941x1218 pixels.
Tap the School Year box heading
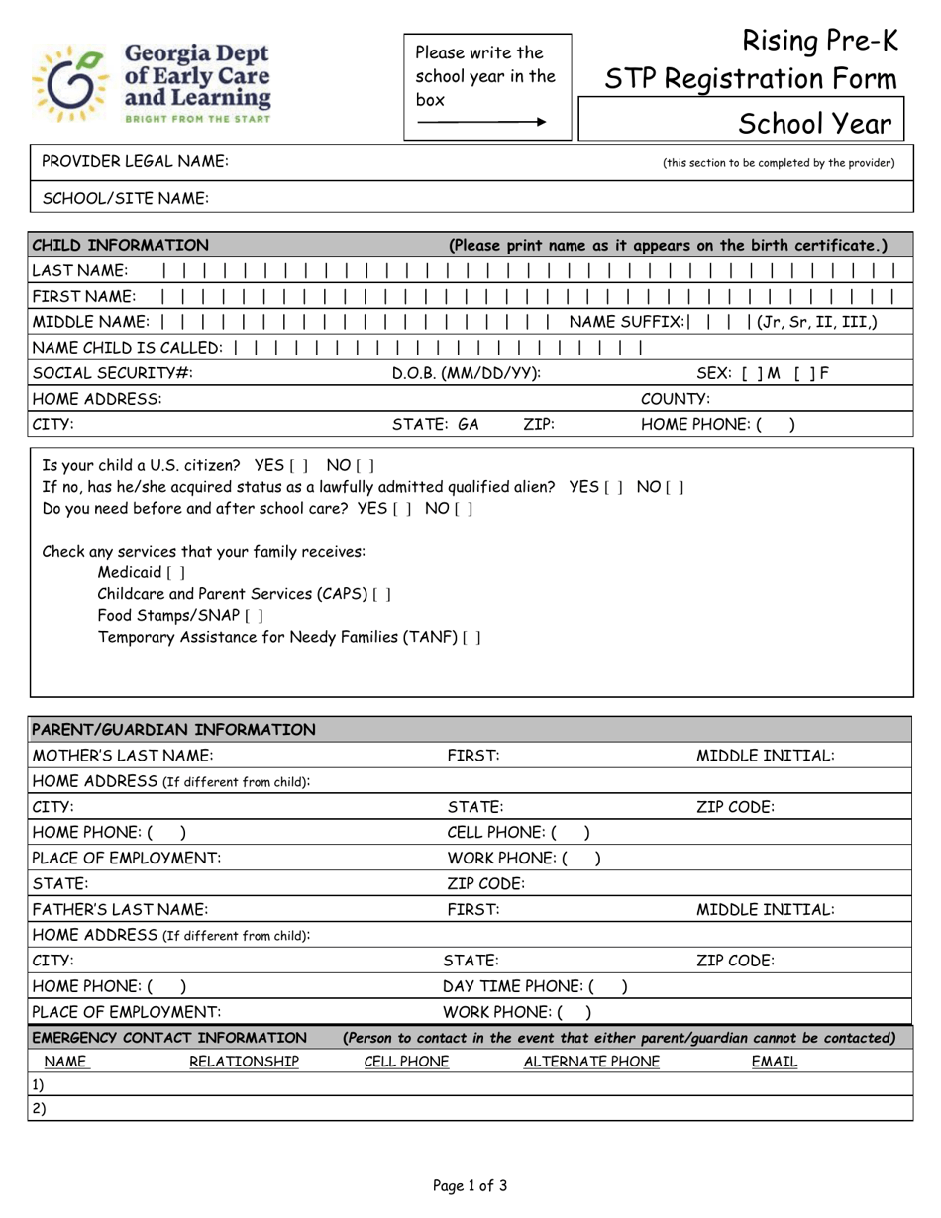(815, 125)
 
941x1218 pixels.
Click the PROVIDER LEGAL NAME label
(135, 162)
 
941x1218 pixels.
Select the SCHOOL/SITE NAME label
(125, 199)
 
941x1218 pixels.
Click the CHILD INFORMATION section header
(120, 246)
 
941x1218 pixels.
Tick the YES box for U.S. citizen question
(299, 465)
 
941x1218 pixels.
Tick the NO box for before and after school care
(464, 509)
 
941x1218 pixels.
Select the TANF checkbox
(472, 638)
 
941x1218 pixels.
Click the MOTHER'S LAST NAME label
(123, 757)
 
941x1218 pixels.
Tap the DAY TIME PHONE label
(513, 986)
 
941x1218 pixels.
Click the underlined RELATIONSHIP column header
(244, 1063)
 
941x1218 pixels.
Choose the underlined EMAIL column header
(774, 1063)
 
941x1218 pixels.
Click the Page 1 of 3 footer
(470, 1185)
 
